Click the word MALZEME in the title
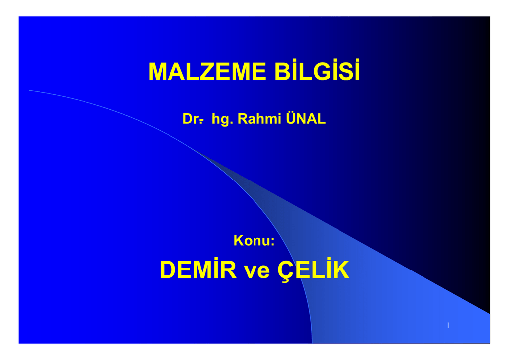207,72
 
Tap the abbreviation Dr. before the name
193,119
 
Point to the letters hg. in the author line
222,119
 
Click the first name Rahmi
259,118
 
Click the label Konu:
254,241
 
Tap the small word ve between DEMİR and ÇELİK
257,271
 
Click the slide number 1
448,325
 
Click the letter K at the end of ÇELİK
340,270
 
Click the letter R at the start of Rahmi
243,119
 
